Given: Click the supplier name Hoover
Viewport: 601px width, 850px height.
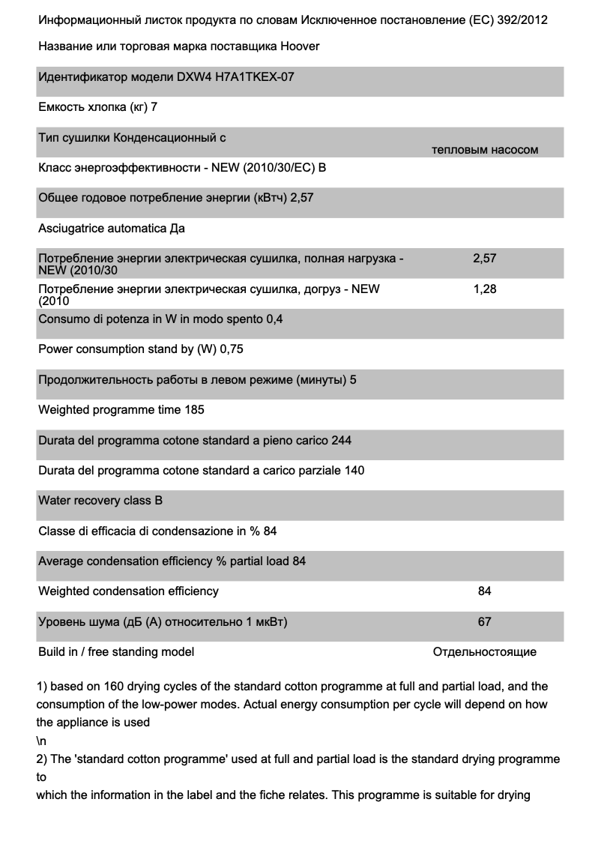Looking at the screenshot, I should [x=300, y=46].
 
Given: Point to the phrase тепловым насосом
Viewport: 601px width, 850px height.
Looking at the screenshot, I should [x=485, y=150].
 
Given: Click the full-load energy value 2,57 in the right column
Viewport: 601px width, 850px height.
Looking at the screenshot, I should [x=485, y=259].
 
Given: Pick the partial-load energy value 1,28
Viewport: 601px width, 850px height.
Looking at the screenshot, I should [x=485, y=289].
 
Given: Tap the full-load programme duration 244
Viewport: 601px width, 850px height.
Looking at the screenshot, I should [x=341, y=440].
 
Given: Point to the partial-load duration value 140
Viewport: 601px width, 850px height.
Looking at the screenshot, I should [x=354, y=471].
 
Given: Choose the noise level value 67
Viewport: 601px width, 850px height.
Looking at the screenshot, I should [x=485, y=621].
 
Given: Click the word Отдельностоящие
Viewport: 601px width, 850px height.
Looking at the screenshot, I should [x=485, y=652].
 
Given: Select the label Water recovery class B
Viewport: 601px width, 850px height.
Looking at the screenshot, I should [x=100, y=501].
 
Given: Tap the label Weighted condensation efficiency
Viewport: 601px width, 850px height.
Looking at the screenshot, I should [x=128, y=591].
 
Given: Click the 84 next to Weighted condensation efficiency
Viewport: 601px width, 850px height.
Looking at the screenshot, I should [x=485, y=591].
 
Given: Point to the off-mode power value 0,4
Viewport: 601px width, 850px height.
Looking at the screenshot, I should [x=275, y=319].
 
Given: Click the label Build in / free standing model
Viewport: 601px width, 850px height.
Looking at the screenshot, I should [x=116, y=652].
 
